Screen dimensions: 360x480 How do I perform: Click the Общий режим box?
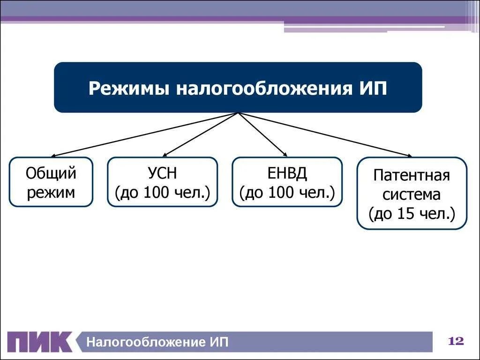[x=51, y=182]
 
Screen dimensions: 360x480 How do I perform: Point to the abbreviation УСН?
[x=162, y=173]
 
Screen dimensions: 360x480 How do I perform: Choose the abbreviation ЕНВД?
[x=287, y=173]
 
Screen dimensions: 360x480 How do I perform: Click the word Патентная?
[x=412, y=176]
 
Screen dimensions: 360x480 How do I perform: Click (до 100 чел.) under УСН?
[x=162, y=192]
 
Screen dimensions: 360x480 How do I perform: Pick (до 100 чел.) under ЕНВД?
[x=287, y=192]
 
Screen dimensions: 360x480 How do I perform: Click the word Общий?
[x=51, y=173]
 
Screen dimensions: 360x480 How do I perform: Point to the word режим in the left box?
[x=51, y=192]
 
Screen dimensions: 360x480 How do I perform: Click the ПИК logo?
[x=40, y=342]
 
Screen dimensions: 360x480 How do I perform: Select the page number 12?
[x=456, y=341]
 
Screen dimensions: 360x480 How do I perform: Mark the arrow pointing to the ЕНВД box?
[x=262, y=135]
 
